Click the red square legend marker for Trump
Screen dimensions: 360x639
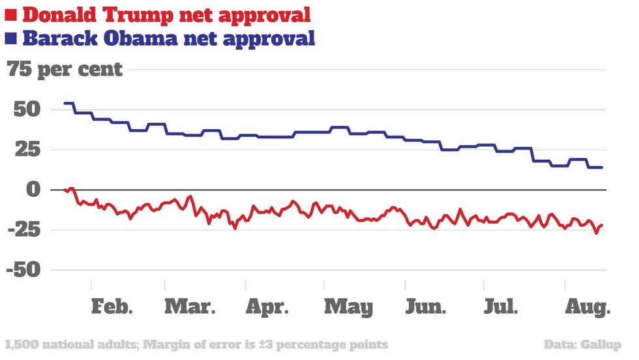(x=11, y=14)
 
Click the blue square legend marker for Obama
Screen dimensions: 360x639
(x=11, y=38)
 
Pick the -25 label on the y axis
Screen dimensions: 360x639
(x=24, y=230)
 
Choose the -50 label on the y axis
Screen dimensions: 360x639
(x=24, y=270)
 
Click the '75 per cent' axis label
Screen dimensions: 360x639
(x=65, y=69)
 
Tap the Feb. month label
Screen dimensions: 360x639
(x=112, y=307)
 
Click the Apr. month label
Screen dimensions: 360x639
(x=267, y=307)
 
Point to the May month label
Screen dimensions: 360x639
(x=349, y=308)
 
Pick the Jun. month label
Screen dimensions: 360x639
(x=426, y=307)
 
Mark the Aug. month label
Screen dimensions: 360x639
(x=586, y=307)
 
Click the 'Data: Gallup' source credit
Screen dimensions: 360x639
(x=582, y=344)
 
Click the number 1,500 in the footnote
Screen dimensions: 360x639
(x=20, y=344)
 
